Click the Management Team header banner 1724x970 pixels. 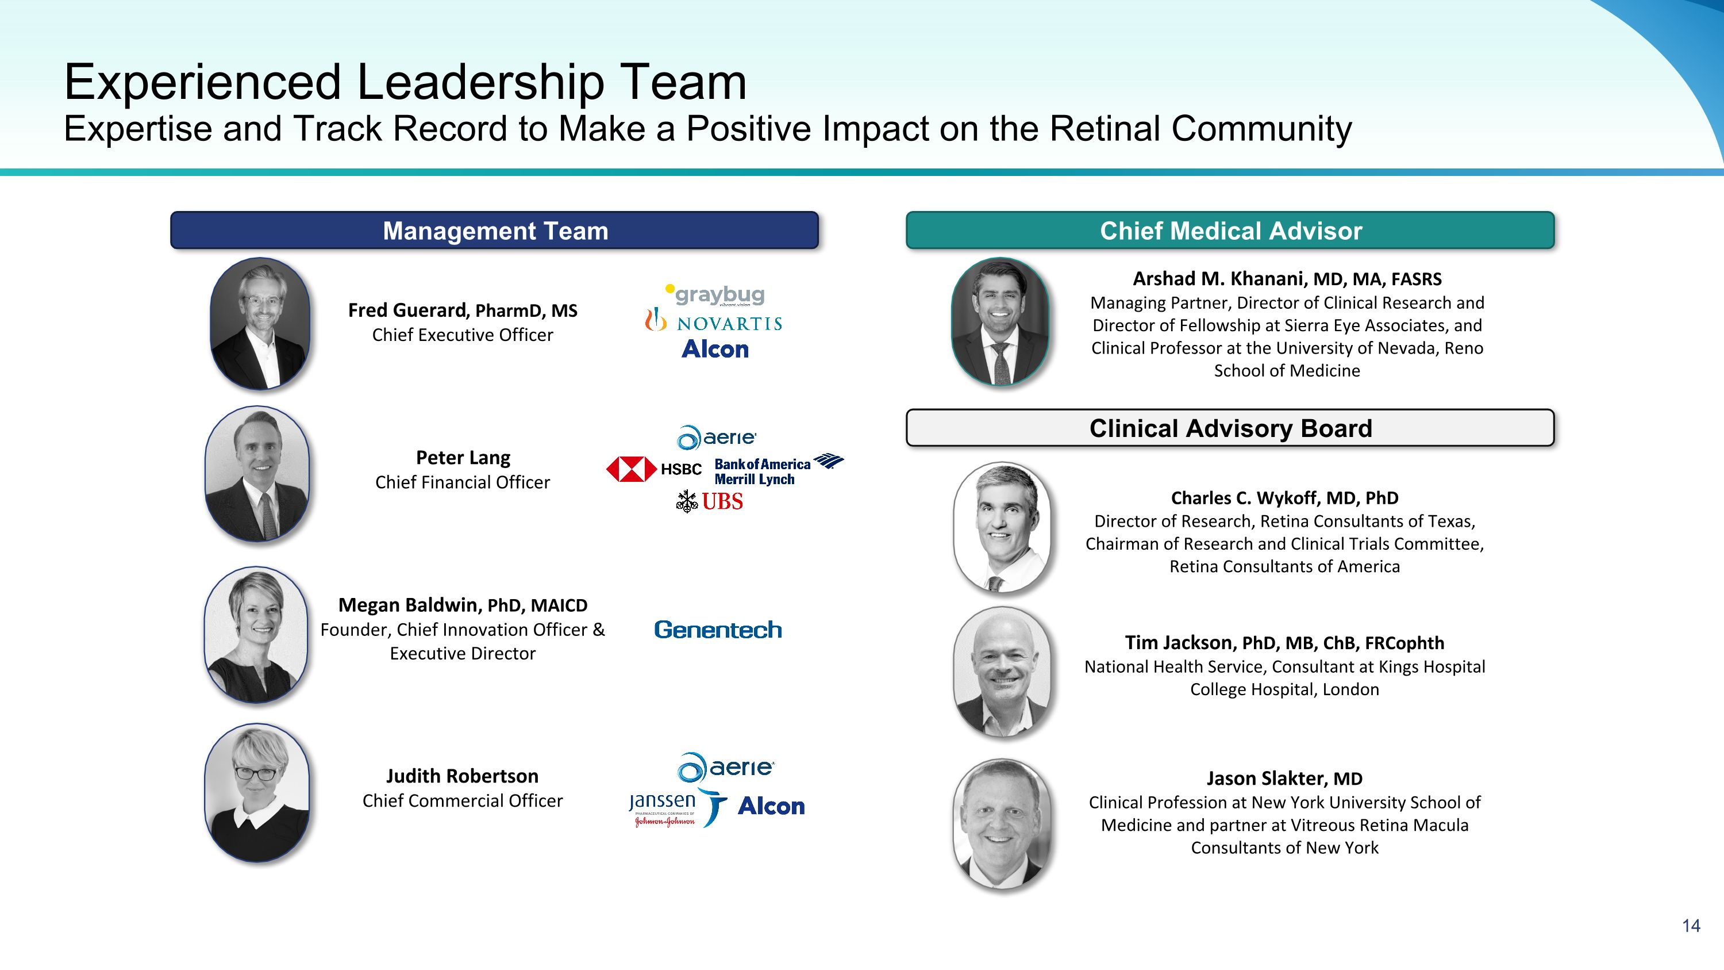[495, 231]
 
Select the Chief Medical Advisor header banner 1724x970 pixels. [1230, 231]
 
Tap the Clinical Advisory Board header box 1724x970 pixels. [1230, 428]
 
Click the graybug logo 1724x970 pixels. [715, 294]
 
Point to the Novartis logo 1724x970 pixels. [713, 321]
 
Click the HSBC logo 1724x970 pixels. [654, 469]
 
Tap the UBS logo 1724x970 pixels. [709, 501]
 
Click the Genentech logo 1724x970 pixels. [717, 629]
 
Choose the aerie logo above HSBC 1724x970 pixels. [716, 438]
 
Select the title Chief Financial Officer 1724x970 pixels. [463, 482]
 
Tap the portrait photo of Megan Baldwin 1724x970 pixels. [256, 635]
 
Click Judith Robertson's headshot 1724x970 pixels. [257, 792]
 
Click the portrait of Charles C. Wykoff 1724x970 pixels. [1002, 527]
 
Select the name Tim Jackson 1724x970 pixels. [1179, 643]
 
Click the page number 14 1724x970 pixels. [1691, 926]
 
